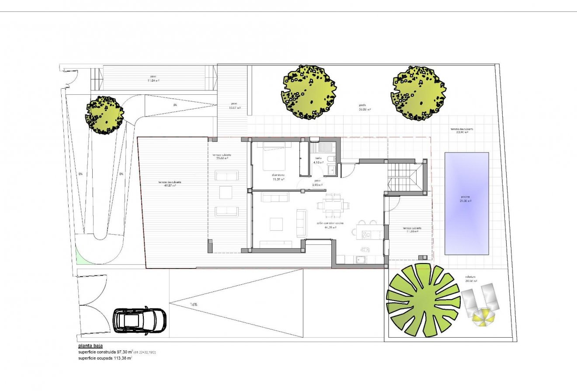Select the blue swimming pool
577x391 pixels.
(x=466, y=204)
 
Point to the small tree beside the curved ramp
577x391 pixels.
(x=104, y=115)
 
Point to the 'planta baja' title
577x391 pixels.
(x=90, y=346)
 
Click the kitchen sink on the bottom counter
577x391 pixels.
(x=361, y=260)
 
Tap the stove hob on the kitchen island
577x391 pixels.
(x=367, y=235)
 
